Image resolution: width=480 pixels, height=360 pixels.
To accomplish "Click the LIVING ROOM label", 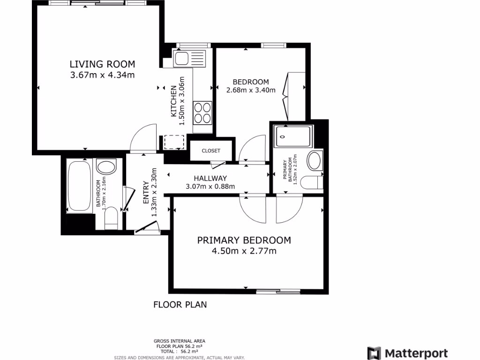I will tap(102, 64).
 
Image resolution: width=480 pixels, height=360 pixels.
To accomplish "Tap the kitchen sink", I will tap(181, 59).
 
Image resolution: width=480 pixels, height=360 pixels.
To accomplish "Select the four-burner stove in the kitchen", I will tap(203, 113).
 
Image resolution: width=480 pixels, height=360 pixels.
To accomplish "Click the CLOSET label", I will tap(210, 150).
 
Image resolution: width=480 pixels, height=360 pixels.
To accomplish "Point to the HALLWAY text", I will tap(210, 178).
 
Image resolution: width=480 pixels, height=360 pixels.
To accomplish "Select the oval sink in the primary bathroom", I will tap(315, 161).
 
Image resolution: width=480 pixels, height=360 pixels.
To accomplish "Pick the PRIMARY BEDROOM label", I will tap(244, 240).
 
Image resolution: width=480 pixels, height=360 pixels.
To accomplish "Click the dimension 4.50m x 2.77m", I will tap(244, 251).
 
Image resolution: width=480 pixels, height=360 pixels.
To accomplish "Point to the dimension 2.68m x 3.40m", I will tap(250, 90).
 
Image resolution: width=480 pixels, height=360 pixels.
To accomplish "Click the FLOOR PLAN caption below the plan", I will tap(180, 305).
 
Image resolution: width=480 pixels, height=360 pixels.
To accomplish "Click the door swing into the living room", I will tap(143, 138).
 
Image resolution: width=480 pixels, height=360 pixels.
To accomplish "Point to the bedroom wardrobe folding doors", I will tap(287, 96).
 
